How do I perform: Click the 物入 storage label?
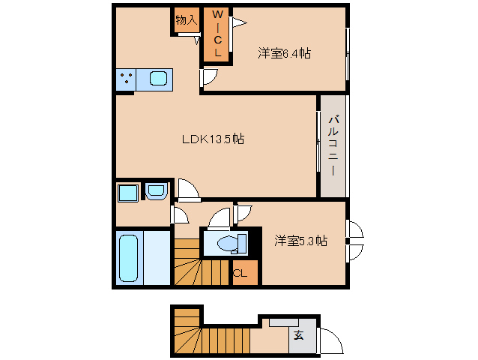pyautogui.click(x=186, y=20)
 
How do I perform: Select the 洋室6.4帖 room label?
pyautogui.click(x=285, y=53)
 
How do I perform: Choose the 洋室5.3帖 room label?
pyautogui.click(x=300, y=241)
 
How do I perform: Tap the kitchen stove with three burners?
pyautogui.click(x=127, y=78)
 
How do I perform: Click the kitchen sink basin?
pyautogui.click(x=160, y=78)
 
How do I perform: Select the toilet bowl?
pyautogui.click(x=229, y=243)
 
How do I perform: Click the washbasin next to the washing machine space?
pyautogui.click(x=156, y=192)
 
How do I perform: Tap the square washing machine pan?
pyautogui.click(x=127, y=192)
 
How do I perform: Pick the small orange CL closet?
pyautogui.click(x=241, y=273)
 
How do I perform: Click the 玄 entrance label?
pyautogui.click(x=298, y=335)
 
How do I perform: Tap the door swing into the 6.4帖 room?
pyautogui.click(x=209, y=76)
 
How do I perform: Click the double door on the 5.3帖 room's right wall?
pyautogui.click(x=354, y=240)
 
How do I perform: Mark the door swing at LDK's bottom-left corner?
pyautogui.click(x=189, y=191)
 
